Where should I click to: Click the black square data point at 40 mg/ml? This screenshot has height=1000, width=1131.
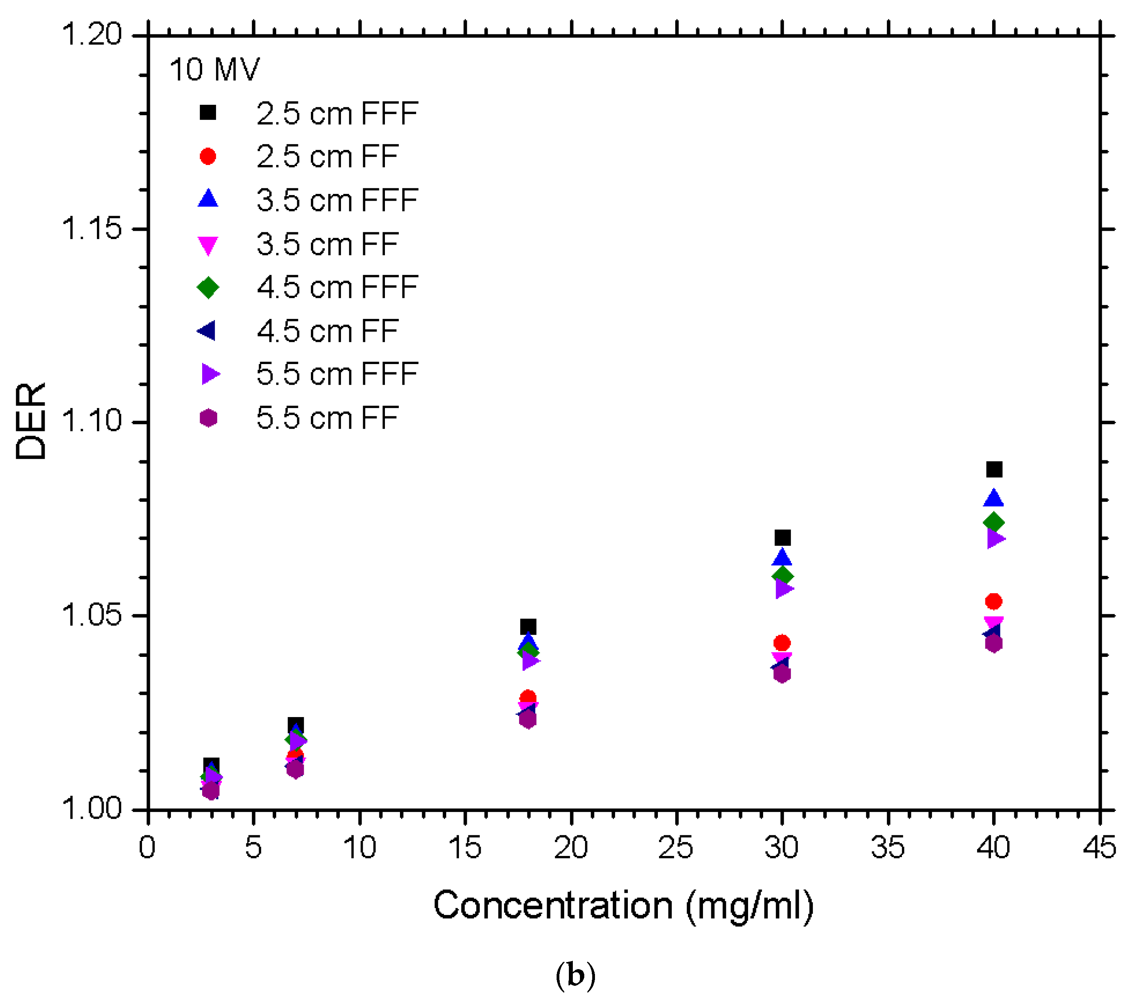(994, 470)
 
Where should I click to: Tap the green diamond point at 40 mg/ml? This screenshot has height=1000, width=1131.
(994, 522)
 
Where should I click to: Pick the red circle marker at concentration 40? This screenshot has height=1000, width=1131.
(994, 602)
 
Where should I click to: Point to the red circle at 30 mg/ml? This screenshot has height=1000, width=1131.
(782, 643)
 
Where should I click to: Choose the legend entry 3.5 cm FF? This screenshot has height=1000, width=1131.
(327, 245)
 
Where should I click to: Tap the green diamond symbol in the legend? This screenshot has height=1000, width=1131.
(208, 287)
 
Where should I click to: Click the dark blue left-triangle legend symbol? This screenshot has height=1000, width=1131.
(207, 331)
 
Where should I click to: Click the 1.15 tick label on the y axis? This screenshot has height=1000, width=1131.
(91, 229)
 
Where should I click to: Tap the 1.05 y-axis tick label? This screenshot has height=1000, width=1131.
(91, 615)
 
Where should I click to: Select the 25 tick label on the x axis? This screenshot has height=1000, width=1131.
(676, 847)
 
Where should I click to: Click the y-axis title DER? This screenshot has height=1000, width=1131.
(30, 422)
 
